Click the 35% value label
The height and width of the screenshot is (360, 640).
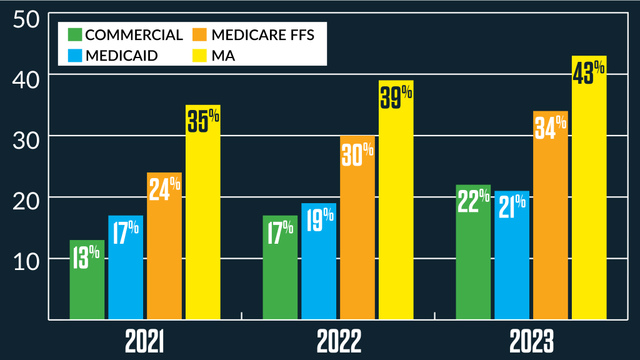click(203, 121)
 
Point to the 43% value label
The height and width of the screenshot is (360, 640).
click(589, 72)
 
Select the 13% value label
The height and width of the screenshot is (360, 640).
click(86, 256)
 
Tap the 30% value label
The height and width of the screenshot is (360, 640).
click(357, 154)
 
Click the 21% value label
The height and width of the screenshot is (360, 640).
click(512, 207)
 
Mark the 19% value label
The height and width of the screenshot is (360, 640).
click(319, 220)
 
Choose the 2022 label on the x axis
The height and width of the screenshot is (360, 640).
click(339, 342)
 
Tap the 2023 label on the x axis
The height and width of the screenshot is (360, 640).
click(531, 342)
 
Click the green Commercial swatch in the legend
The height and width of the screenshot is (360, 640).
click(75, 34)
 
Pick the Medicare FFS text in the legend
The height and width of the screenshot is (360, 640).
click(262, 34)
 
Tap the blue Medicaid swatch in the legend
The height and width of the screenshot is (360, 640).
click(75, 54)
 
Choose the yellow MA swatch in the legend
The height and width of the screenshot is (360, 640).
click(201, 54)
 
